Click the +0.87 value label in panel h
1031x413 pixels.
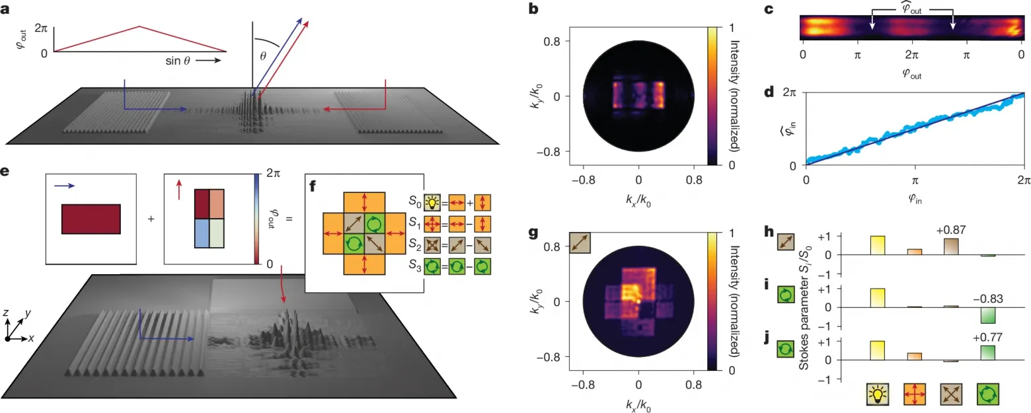point(951,230)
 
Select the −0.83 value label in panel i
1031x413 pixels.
point(988,299)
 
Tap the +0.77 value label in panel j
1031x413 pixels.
point(988,338)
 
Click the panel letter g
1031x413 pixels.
point(533,234)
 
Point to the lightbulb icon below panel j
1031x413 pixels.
point(877,394)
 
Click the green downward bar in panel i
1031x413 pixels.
point(988,315)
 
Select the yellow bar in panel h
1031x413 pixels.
point(877,245)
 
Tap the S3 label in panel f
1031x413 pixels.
point(414,266)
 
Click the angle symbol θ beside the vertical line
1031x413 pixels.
point(263,56)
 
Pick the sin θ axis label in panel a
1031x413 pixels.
point(178,61)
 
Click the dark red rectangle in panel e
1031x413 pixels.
point(91,219)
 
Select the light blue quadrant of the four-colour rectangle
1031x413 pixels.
point(202,233)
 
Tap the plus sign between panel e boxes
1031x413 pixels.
point(151,219)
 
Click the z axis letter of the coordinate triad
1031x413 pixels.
point(5,313)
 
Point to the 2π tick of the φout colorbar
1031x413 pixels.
point(273,173)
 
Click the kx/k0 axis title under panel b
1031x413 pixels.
point(638,200)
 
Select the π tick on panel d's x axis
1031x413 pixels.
point(915,180)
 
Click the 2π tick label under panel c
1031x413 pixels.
point(912,55)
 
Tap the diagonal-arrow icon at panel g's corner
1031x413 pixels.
point(580,243)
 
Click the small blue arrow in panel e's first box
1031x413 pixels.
point(65,186)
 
